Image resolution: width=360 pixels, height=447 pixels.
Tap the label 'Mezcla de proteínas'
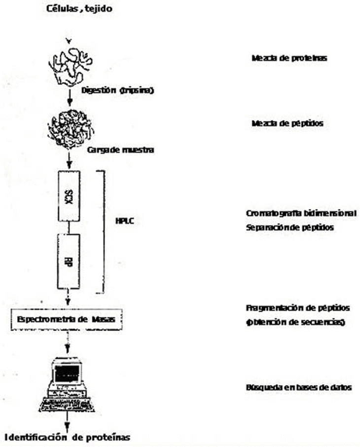(x=289, y=58)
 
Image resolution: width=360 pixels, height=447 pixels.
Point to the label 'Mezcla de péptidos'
(x=287, y=123)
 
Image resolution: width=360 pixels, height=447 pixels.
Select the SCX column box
(x=69, y=196)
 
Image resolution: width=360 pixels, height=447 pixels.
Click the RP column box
(x=69, y=261)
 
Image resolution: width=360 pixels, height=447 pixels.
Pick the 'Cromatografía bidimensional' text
(x=301, y=214)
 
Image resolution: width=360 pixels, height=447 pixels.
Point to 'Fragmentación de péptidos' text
(x=297, y=308)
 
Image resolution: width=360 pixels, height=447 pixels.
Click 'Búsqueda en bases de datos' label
(x=298, y=387)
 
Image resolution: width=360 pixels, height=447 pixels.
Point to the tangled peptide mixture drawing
(x=70, y=127)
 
